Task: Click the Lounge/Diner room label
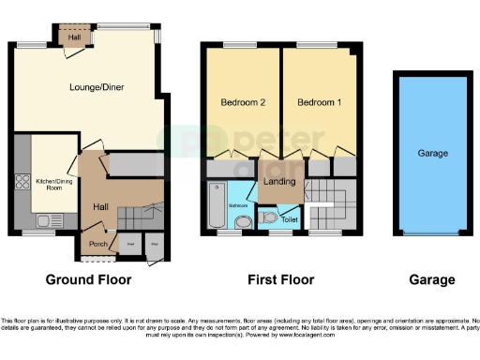click(97, 87)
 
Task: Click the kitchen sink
click(42, 221)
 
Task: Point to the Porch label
click(97, 246)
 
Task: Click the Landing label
click(280, 181)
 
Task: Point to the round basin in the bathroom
click(243, 222)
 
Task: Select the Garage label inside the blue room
click(431, 153)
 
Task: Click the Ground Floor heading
click(90, 279)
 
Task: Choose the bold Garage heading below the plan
click(431, 279)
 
